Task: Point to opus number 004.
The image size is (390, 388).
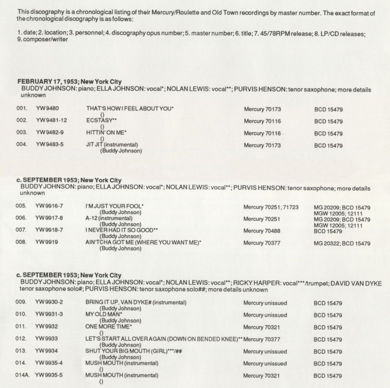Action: click(21, 145)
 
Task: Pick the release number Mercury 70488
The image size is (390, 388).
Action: click(262, 231)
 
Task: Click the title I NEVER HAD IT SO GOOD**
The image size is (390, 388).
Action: click(122, 231)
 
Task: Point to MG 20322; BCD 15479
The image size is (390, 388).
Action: click(342, 243)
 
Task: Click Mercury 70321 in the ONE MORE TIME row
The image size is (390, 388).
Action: click(262, 327)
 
